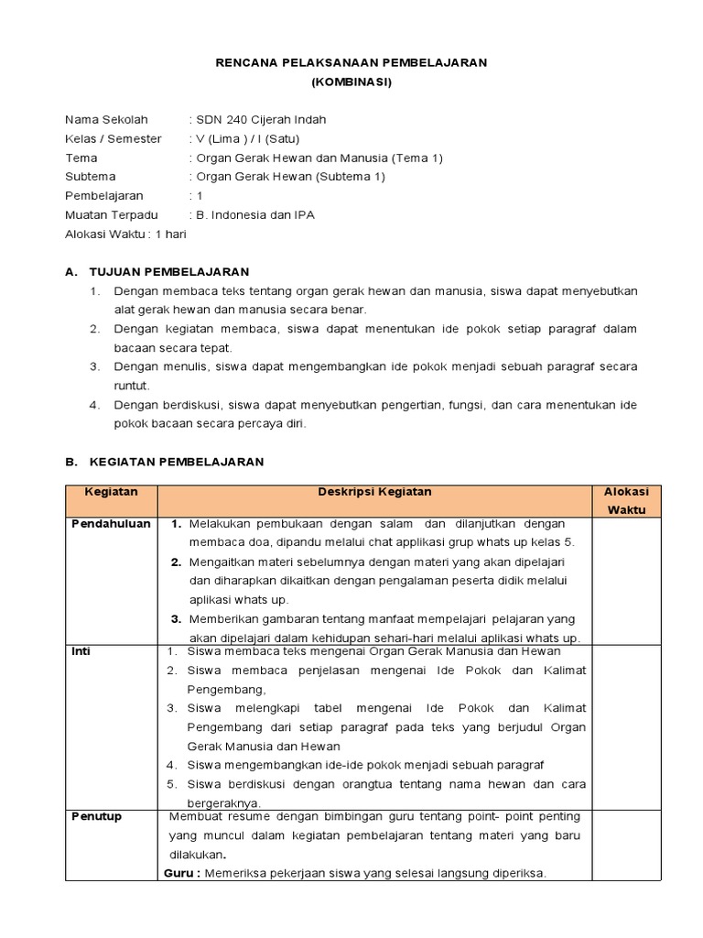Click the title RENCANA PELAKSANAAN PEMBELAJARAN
click(351, 62)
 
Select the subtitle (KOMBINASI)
click(351, 82)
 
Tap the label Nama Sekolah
click(100, 119)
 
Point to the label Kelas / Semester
click(113, 138)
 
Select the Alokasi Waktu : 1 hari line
click(125, 234)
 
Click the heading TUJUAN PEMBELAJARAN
click(168, 272)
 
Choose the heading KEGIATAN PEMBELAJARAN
click(175, 462)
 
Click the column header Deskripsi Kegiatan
click(374, 492)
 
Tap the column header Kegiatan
click(111, 492)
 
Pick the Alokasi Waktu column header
click(626, 500)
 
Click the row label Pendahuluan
click(111, 523)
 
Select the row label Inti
click(81, 651)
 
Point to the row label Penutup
click(96, 816)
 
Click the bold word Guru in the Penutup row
click(179, 873)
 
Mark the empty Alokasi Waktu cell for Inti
click(626, 725)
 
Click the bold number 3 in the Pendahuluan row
click(176, 619)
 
